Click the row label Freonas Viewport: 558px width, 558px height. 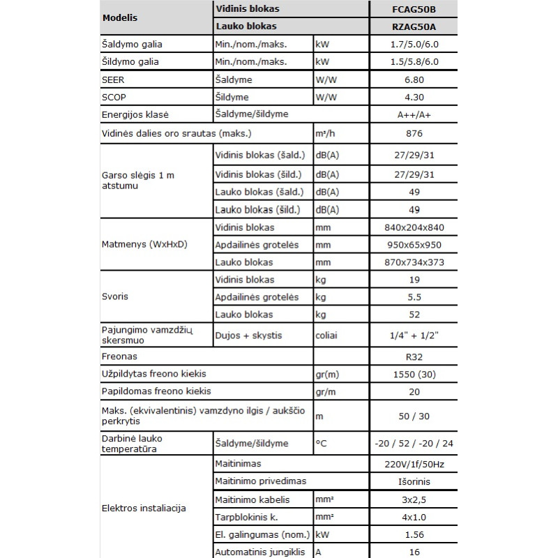(x=119, y=356)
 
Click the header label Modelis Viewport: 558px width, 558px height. (x=119, y=17)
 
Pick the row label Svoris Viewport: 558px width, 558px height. (x=116, y=296)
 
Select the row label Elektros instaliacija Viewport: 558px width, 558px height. (x=144, y=508)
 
